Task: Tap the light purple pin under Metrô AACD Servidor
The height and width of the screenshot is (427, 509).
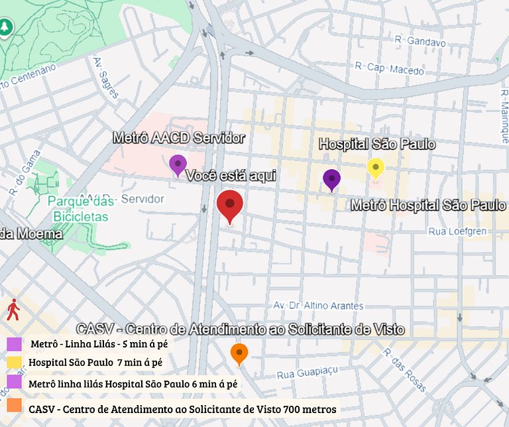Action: pos(178,163)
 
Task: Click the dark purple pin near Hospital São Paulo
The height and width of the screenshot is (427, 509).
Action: pos(331,178)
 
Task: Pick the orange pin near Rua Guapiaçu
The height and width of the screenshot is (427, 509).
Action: pos(239,353)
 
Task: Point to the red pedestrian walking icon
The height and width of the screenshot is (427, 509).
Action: pos(13,310)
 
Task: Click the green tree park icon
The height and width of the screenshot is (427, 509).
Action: pos(5,27)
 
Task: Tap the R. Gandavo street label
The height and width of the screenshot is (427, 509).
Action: pos(420,41)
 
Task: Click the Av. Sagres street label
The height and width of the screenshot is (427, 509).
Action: pos(106,78)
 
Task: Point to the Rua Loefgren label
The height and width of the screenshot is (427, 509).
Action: pos(458,231)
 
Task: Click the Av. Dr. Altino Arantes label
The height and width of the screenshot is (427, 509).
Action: pos(319,306)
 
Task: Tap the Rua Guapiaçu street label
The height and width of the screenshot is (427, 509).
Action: pos(308,373)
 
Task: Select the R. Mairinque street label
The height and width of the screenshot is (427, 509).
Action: pos(502,113)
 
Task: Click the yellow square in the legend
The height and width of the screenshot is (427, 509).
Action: pos(15,363)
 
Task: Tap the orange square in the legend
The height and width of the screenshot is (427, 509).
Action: pos(15,405)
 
